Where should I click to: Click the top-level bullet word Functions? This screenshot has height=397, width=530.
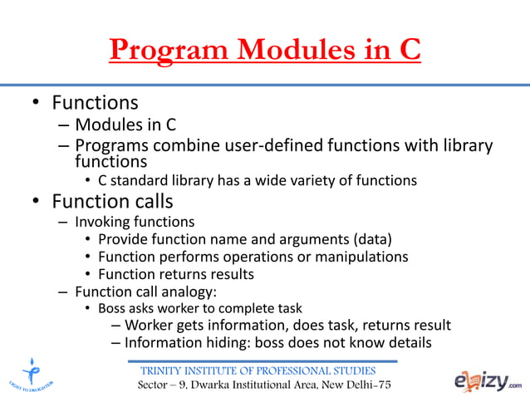95,104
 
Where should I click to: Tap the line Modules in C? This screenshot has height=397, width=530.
125,125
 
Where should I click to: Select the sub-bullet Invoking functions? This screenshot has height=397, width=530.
135,223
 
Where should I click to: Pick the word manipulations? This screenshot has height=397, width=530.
363,257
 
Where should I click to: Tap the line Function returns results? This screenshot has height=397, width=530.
175,274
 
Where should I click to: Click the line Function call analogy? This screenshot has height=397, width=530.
145,292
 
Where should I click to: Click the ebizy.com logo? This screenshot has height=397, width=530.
488,380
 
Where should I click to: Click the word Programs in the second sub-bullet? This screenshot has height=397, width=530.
109,146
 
